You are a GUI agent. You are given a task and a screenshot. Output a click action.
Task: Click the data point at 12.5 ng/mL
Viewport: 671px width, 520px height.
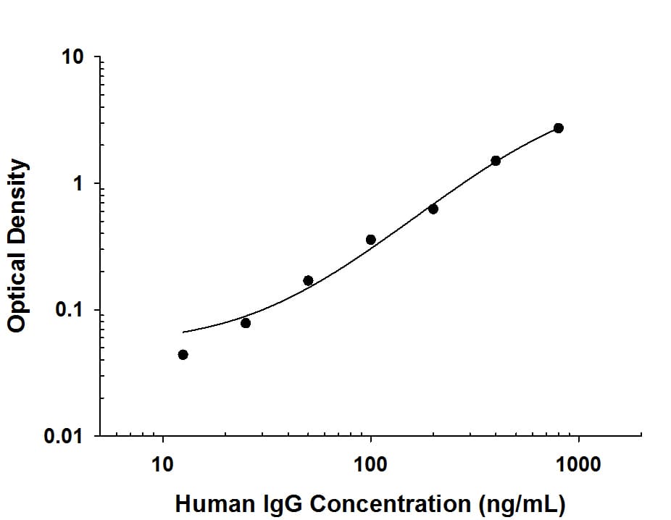click(x=183, y=354)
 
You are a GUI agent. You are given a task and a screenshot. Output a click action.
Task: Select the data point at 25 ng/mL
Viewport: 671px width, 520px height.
click(x=246, y=323)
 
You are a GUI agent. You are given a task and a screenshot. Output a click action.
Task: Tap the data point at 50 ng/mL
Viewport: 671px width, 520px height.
click(x=308, y=280)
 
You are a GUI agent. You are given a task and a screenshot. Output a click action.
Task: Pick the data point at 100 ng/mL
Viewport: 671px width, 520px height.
click(x=371, y=240)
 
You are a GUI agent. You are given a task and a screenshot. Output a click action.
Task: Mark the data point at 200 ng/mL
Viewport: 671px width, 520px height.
click(x=433, y=209)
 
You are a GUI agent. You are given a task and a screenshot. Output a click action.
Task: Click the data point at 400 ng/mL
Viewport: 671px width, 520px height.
click(x=496, y=161)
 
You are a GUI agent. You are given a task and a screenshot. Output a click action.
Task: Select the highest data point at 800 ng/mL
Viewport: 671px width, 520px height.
click(x=558, y=128)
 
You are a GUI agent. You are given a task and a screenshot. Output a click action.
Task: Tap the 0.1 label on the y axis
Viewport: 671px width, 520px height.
click(x=70, y=311)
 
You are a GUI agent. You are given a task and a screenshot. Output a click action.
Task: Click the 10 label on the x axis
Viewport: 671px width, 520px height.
click(x=163, y=464)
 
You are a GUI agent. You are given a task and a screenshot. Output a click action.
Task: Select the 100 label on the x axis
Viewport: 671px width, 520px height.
click(x=371, y=464)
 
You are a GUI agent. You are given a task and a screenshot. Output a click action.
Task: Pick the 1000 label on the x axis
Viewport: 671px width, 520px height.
click(x=578, y=464)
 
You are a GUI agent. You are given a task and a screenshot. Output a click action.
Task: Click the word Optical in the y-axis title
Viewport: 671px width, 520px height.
click(x=17, y=290)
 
